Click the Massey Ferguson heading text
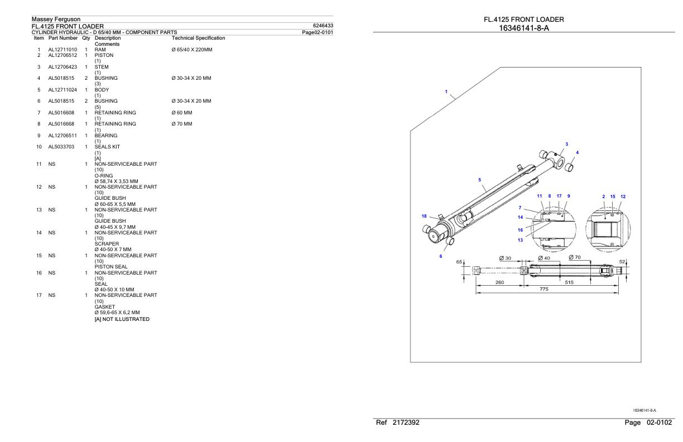click(56, 20)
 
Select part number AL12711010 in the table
click(62, 50)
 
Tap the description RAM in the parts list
click(100, 50)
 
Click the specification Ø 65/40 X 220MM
click(192, 50)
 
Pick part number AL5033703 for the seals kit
click(61, 147)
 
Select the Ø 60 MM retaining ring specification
click(181, 112)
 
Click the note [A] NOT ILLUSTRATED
click(122, 319)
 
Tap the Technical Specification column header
click(198, 38)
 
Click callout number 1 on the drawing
click(446, 92)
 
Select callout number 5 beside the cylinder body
click(480, 180)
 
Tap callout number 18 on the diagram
click(425, 215)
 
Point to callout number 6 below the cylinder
click(440, 256)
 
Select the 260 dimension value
click(501, 282)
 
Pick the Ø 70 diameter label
click(575, 257)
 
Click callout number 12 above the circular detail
click(623, 196)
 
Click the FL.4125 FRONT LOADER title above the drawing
click(523, 20)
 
